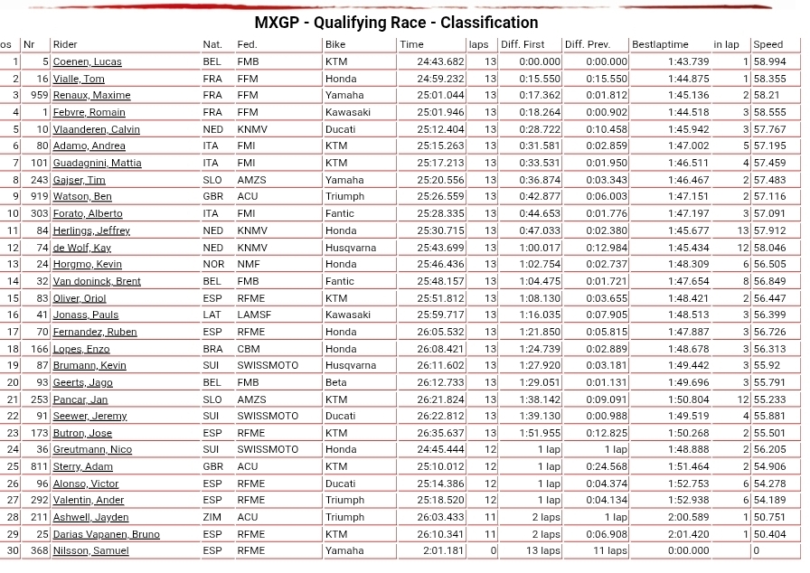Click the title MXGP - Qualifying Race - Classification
[x=396, y=23]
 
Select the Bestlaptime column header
[x=660, y=44]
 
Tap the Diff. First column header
[x=523, y=44]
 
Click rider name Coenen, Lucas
[x=87, y=61]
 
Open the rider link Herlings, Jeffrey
[x=91, y=230]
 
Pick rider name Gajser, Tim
[x=79, y=180]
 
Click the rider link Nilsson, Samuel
[x=90, y=550]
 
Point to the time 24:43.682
[x=440, y=61]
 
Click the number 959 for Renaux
[x=39, y=95]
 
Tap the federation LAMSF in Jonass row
[x=254, y=315]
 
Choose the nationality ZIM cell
[x=212, y=517]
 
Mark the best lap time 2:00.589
[x=688, y=517]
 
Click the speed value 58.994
[x=769, y=61]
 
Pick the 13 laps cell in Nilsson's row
[x=543, y=550]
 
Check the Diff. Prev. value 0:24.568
[x=606, y=466]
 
